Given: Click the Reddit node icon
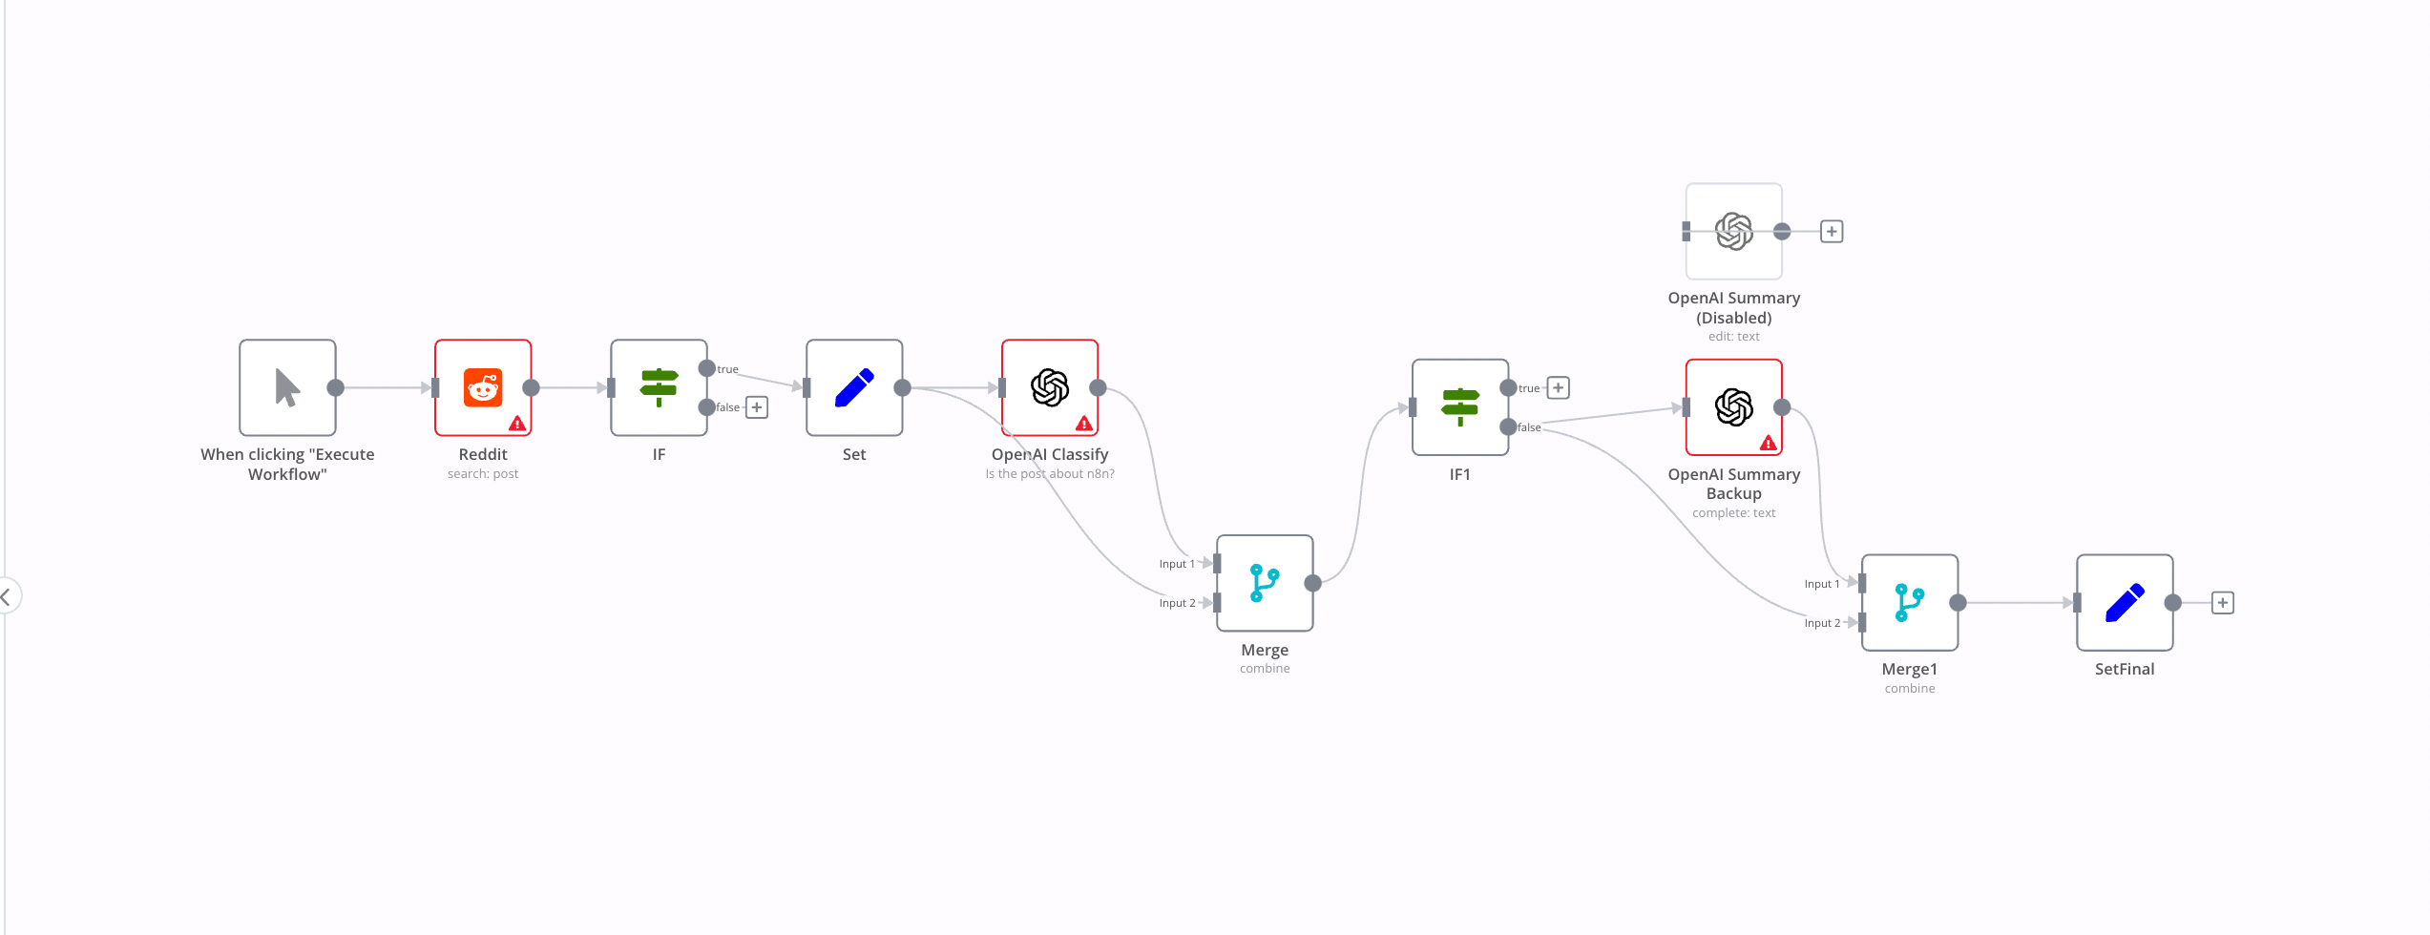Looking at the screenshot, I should [x=483, y=387].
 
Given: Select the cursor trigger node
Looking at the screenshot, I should [x=287, y=387].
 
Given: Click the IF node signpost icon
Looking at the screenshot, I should [x=659, y=387].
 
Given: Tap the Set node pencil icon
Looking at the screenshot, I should [x=854, y=387].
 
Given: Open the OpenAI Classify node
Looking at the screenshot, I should [x=1049, y=387].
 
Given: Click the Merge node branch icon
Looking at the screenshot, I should [x=1265, y=583].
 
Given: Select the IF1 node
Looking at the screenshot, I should [x=1459, y=407].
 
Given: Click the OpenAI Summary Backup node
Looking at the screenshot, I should [x=1733, y=407].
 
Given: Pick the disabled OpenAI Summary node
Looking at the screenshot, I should [x=1733, y=231].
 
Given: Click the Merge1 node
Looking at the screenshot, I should [x=1909, y=603].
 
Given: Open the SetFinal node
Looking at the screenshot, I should [x=2125, y=603].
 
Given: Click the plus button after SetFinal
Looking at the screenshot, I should [x=2223, y=603].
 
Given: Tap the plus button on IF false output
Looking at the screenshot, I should [x=757, y=407].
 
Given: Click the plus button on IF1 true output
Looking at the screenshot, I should [x=1559, y=387].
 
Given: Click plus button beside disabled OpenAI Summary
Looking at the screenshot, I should [x=1832, y=231].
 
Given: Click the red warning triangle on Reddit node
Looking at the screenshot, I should [x=517, y=423].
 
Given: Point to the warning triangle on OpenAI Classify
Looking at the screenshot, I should [x=1084, y=423].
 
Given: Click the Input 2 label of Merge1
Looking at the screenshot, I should [x=1822, y=623].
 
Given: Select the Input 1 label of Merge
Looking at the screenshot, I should [x=1177, y=564].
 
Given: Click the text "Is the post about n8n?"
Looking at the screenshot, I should [x=1049, y=474].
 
